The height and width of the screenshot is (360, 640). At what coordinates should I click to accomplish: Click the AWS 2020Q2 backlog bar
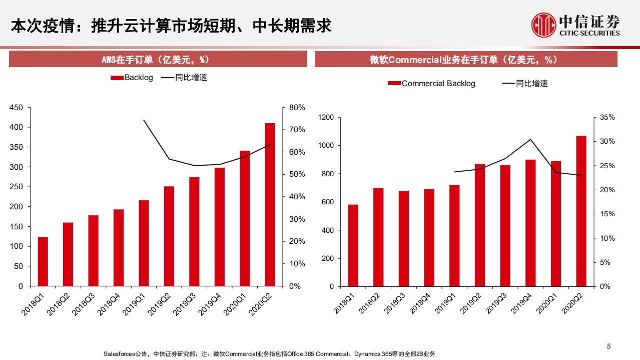point(270,204)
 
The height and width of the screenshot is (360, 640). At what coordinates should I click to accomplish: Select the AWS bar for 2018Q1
point(43,261)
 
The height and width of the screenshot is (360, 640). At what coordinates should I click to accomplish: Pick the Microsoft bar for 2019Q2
point(479,225)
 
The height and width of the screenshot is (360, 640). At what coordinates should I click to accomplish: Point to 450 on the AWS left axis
point(17,108)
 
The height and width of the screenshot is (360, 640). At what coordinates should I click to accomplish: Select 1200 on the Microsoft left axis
point(326,117)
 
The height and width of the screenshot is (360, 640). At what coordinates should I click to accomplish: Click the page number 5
point(609,346)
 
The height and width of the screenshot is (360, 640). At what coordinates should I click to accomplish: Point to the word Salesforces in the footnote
point(119,354)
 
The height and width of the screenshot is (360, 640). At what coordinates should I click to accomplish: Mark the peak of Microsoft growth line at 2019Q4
point(530,139)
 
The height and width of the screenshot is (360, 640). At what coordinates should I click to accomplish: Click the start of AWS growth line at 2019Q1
point(144,120)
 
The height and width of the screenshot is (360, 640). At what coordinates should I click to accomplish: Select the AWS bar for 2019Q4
point(220,227)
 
